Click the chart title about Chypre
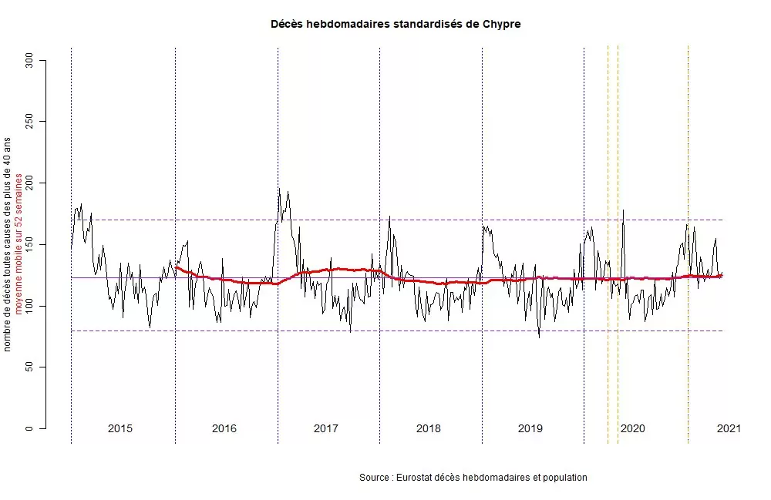pyautogui.click(x=396, y=24)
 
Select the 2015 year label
pyautogui.click(x=120, y=428)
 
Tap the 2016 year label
pyautogui.click(x=224, y=428)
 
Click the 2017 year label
pyautogui.click(x=326, y=428)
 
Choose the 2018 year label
pyautogui.click(x=428, y=428)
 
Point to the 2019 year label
pyautogui.click(x=530, y=428)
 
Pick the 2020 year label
pyautogui.click(x=632, y=428)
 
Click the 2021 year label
pyautogui.click(x=729, y=428)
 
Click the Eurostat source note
pyautogui.click(x=473, y=478)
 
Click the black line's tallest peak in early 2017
pyautogui.click(x=279, y=190)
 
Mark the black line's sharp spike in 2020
pyautogui.click(x=623, y=210)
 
